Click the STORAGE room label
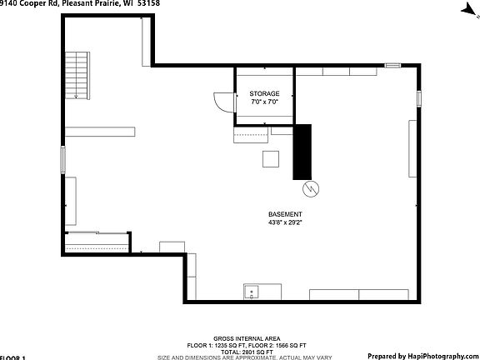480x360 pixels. [264, 93]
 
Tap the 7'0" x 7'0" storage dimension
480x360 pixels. [264, 102]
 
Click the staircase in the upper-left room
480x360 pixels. [77, 75]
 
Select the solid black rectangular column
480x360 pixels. [302, 152]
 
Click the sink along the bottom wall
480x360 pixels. [252, 292]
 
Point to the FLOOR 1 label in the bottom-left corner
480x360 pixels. [12, 357]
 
